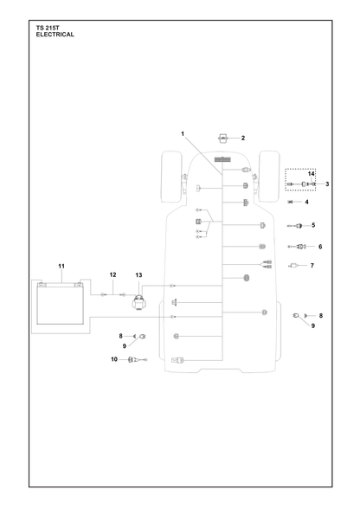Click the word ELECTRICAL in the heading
[x=55, y=35]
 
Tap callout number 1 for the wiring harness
[x=183, y=133]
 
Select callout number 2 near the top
[x=243, y=138]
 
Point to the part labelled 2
[x=222, y=138]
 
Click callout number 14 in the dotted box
[x=312, y=174]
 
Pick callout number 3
[x=327, y=184]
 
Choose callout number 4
[x=306, y=202]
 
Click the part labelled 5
[x=295, y=226]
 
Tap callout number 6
[x=320, y=247]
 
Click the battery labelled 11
[x=60, y=303]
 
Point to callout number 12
[x=112, y=274]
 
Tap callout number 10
[x=114, y=359]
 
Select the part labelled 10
[x=138, y=360]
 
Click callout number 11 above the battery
[x=61, y=267]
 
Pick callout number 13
[x=138, y=275]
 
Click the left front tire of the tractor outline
[x=171, y=177]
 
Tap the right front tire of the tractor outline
[x=269, y=177]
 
